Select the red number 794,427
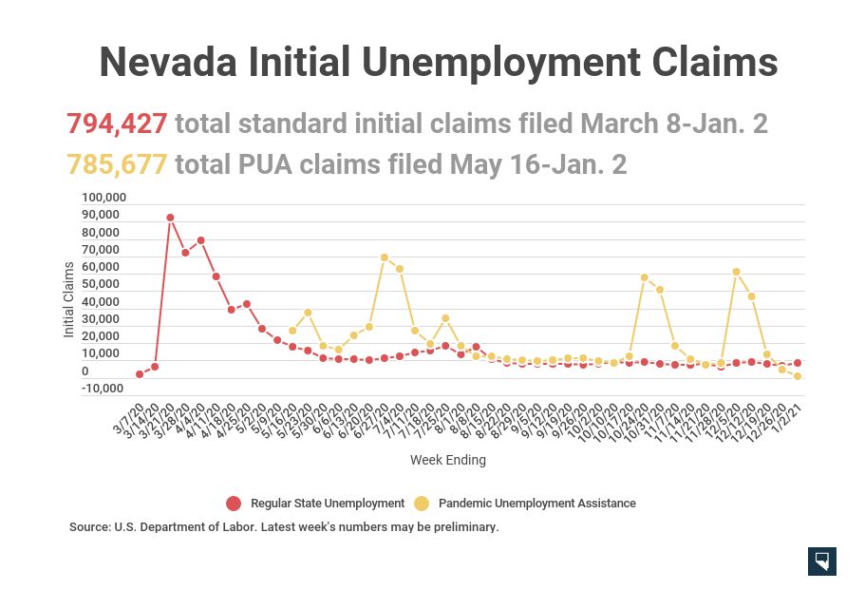[x=117, y=124]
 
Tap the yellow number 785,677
[x=117, y=164]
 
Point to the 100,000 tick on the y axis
[x=103, y=198]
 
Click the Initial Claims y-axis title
[x=68, y=300]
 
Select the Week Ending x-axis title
[x=447, y=460]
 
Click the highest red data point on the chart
[x=170, y=218]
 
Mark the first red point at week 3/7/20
[x=140, y=374]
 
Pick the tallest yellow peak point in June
[x=385, y=257]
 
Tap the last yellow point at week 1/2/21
[x=798, y=376]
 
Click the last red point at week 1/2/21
[x=798, y=363]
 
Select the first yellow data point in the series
[x=292, y=331]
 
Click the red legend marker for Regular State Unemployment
[x=234, y=504]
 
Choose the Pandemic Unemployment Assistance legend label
[x=536, y=504]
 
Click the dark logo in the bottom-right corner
[x=821, y=561]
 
